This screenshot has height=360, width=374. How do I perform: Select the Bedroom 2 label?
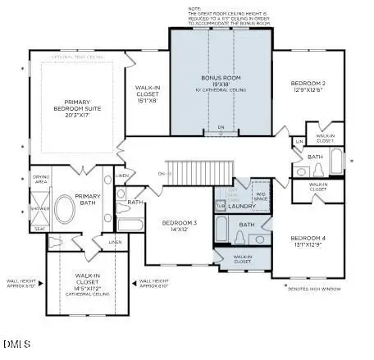(308, 84)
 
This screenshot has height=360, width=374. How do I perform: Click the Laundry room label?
(243, 206)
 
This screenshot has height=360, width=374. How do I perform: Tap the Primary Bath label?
(88, 200)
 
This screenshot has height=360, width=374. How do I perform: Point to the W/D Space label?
(260, 197)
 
